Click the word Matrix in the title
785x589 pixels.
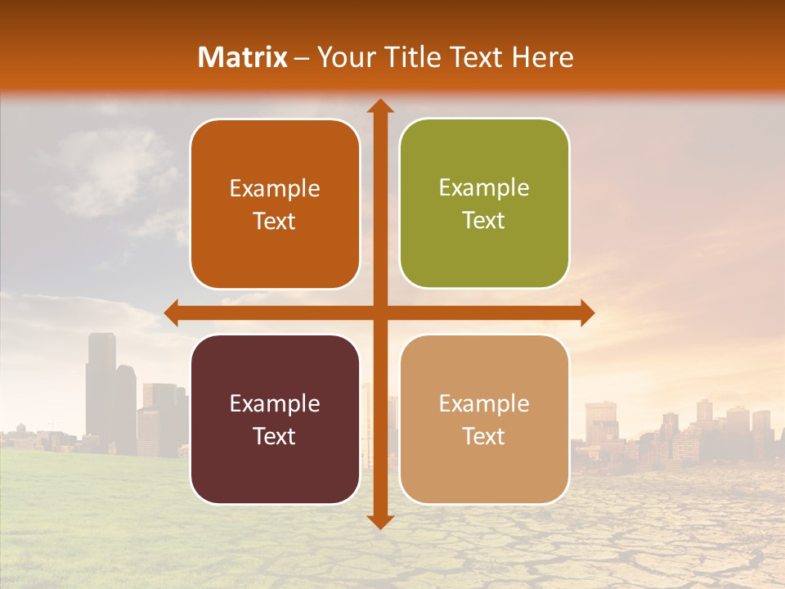click(243, 57)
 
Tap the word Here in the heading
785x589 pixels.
click(542, 57)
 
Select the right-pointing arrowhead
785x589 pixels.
click(586, 312)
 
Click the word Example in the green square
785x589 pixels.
click(484, 188)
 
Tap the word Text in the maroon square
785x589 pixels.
click(274, 436)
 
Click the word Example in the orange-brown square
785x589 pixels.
click(275, 189)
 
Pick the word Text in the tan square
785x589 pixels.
click(484, 436)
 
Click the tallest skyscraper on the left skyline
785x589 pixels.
click(101, 384)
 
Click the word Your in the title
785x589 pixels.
click(342, 57)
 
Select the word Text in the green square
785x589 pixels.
click(484, 221)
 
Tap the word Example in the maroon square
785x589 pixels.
click(275, 404)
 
